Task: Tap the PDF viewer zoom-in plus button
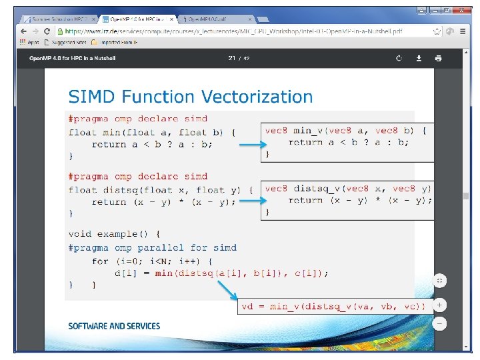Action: point(439,305)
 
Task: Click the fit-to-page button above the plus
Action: point(439,281)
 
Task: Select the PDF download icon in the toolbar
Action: point(419,58)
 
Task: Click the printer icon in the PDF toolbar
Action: point(438,58)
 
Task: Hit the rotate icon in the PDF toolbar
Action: point(399,58)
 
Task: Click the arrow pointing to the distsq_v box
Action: point(250,201)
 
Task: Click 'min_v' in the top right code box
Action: point(313,131)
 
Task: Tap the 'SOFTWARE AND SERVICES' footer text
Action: point(114,326)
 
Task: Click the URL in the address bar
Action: point(233,31)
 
